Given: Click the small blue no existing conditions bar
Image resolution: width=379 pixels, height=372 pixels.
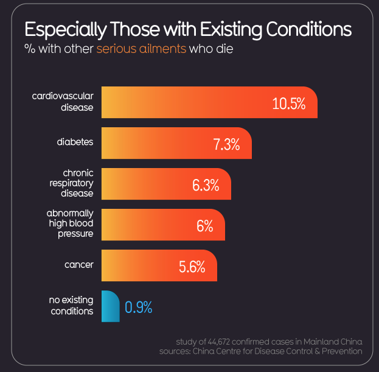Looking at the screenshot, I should (x=110, y=306).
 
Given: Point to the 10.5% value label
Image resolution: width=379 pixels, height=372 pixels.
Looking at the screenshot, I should (x=288, y=104).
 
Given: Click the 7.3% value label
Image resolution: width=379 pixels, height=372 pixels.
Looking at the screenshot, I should (x=226, y=144).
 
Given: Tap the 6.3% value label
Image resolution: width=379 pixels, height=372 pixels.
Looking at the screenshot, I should (x=206, y=185).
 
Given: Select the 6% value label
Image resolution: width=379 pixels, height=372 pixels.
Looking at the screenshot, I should (x=204, y=226).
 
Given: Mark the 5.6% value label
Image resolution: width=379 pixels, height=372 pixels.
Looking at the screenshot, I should (x=192, y=267).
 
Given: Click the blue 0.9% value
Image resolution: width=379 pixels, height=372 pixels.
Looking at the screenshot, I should (x=138, y=307).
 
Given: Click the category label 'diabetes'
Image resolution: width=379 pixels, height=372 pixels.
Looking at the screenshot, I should (x=75, y=142).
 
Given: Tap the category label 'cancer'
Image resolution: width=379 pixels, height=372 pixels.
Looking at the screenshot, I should (x=78, y=265).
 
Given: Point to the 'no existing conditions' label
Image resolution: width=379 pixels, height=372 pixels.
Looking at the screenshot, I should (x=71, y=306).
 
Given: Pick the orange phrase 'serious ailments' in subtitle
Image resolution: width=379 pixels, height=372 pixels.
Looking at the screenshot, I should (x=141, y=49).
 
